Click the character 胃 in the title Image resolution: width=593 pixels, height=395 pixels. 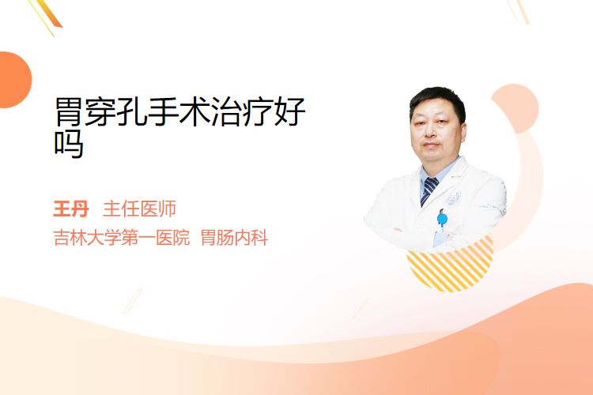(69, 111)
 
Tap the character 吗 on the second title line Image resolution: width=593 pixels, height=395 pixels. (69, 144)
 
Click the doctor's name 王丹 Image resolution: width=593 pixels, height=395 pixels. (71, 209)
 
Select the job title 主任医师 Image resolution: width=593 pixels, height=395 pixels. (139, 209)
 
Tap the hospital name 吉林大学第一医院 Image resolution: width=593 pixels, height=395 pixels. (122, 238)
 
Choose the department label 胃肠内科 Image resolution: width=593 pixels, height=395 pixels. (235, 238)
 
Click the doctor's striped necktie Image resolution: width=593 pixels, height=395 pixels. (429, 190)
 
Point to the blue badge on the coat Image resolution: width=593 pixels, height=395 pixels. (442, 219)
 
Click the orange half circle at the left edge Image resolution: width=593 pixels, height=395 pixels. (15, 80)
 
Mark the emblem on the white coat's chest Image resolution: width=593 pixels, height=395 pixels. (454, 198)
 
